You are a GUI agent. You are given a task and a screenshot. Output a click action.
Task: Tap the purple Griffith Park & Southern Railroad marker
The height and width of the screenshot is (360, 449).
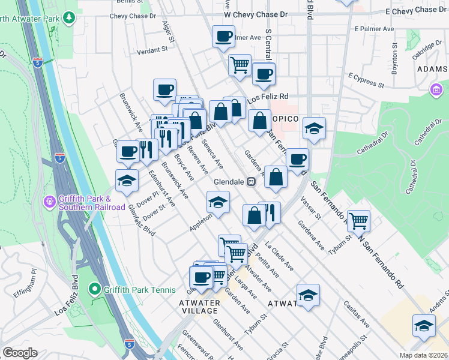(50, 202)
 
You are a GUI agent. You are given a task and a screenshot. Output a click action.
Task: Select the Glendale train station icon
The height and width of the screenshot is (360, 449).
(252, 181)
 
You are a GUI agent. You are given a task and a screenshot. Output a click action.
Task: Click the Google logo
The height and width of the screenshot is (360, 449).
(20, 352)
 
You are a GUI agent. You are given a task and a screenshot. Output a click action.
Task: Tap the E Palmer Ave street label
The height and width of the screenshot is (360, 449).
(373, 28)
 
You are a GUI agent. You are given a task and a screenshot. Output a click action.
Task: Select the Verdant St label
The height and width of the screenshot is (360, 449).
(151, 50)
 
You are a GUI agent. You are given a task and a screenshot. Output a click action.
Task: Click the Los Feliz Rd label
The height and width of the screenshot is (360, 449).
(268, 96)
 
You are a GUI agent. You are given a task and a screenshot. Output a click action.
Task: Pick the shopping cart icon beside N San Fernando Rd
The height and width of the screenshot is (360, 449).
(358, 220)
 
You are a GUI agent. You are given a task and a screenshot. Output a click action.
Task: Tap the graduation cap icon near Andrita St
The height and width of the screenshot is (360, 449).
(424, 326)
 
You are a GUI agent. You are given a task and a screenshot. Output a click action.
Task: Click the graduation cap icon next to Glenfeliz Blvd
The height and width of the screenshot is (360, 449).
(127, 181)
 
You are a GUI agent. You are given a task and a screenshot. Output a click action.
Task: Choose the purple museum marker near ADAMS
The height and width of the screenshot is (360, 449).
(435, 90)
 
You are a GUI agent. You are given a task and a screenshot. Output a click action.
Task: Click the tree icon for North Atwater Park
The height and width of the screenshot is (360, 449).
(70, 19)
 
